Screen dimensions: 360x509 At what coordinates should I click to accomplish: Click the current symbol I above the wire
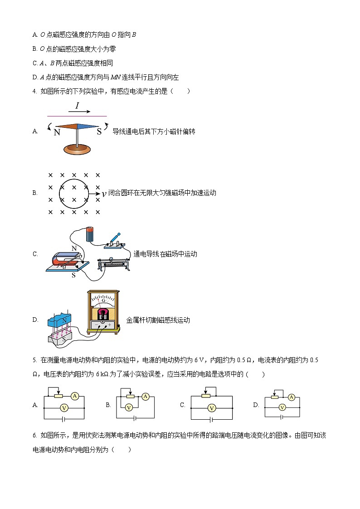coord(77,107)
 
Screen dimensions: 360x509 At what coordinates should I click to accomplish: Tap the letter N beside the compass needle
coord(57,133)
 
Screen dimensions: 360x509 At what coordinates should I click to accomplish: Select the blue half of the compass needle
coord(87,127)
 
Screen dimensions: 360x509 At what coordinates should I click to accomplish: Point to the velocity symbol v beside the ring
coord(104,194)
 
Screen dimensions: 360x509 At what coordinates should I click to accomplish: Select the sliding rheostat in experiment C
coord(114,264)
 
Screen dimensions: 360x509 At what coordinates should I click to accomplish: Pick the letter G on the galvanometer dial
coord(103,300)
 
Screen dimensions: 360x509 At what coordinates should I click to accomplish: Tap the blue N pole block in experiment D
coord(59,320)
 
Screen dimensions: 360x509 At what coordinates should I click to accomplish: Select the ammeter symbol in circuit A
coord(76,396)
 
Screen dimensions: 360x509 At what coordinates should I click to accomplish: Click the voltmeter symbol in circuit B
coord(128,407)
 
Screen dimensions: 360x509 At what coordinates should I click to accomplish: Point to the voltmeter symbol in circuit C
coord(211,408)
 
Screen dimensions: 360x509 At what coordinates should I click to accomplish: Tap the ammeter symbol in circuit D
coord(292,398)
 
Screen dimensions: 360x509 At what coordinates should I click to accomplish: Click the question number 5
coord(34,360)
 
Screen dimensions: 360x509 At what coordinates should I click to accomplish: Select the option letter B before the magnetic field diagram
coord(35,193)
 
